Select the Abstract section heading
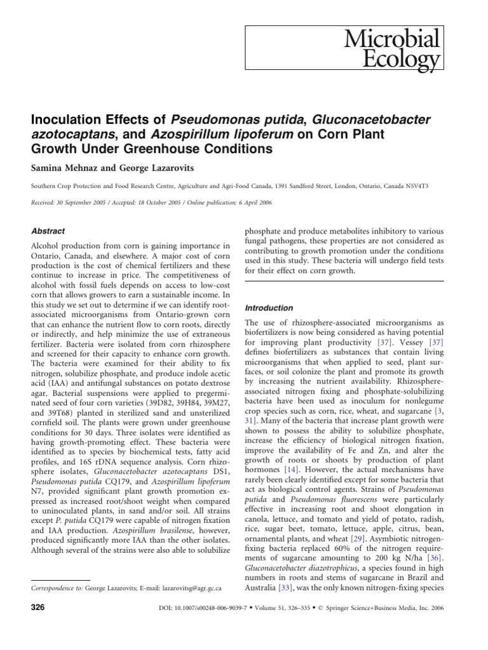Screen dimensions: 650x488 click(x=48, y=231)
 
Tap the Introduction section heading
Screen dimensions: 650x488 click(x=269, y=307)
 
